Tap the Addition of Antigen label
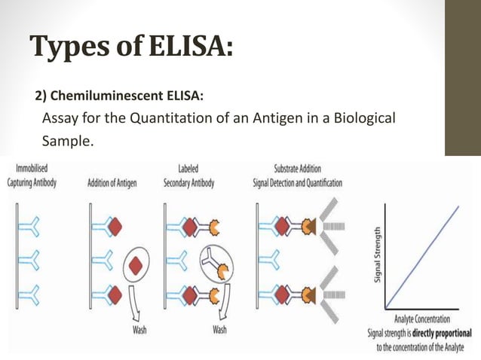pyautogui.click(x=112, y=183)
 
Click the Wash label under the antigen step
pyautogui.click(x=140, y=329)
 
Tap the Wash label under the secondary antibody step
pyautogui.click(x=220, y=329)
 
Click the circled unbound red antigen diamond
pyautogui.click(x=136, y=265)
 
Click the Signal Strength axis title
pyautogui.click(x=377, y=257)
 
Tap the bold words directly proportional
pyautogui.click(x=440, y=332)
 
